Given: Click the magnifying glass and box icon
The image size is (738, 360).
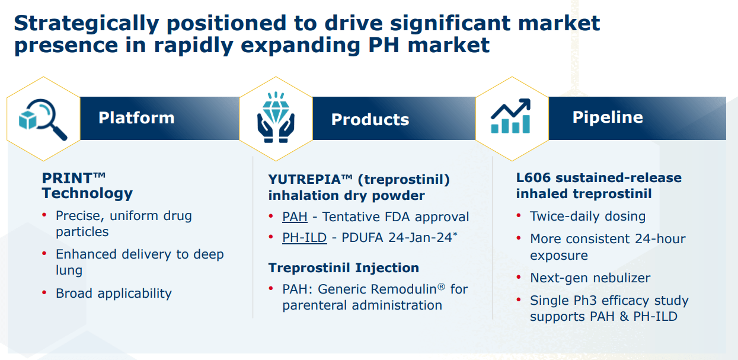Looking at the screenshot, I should tap(43, 119).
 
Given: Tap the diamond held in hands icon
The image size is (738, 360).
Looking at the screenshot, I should tap(276, 119).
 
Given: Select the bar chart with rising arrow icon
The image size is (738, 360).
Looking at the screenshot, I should tap(510, 117).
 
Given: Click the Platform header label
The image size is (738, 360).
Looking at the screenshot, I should tap(136, 117).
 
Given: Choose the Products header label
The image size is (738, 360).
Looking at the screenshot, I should tap(370, 119).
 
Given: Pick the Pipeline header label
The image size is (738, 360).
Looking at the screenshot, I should tap(607, 117).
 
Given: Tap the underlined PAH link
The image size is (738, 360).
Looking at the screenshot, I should tap(295, 217).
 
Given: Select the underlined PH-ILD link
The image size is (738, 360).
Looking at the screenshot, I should tap(304, 238).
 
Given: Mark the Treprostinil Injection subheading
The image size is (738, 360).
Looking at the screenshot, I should tap(343, 267).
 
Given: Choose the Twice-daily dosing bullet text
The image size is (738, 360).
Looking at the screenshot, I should tap(587, 216).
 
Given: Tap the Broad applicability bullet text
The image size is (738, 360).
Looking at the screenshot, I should tap(113, 293).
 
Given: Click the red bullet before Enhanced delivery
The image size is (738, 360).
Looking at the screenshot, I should tap(44, 254).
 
